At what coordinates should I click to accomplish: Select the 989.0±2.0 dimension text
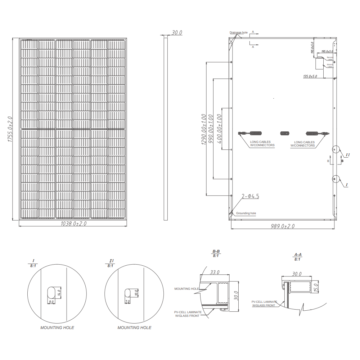(283, 226)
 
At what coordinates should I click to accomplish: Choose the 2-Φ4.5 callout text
(250, 196)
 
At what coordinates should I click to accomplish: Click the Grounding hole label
(246, 213)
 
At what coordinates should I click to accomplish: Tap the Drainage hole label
(239, 33)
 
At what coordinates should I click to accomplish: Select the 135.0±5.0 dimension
(310, 76)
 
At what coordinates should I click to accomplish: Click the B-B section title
(216, 252)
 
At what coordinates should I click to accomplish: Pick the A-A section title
(298, 255)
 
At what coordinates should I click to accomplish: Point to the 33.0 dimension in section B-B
(215, 273)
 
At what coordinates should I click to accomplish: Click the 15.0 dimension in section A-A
(316, 287)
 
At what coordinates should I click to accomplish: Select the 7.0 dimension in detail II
(127, 301)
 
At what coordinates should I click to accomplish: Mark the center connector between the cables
(285, 134)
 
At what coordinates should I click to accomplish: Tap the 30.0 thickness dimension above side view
(177, 33)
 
